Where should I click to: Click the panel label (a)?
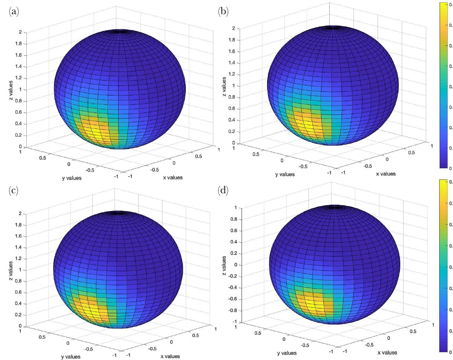tap(13, 12)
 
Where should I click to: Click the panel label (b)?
tap(223, 12)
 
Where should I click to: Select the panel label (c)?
tap(13, 191)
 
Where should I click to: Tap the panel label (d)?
tap(223, 191)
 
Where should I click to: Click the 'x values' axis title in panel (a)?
tap(173, 178)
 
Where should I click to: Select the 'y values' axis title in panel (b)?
tap(285, 174)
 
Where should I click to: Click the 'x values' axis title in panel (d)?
tap(387, 353)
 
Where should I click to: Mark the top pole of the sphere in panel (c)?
tap(118, 213)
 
